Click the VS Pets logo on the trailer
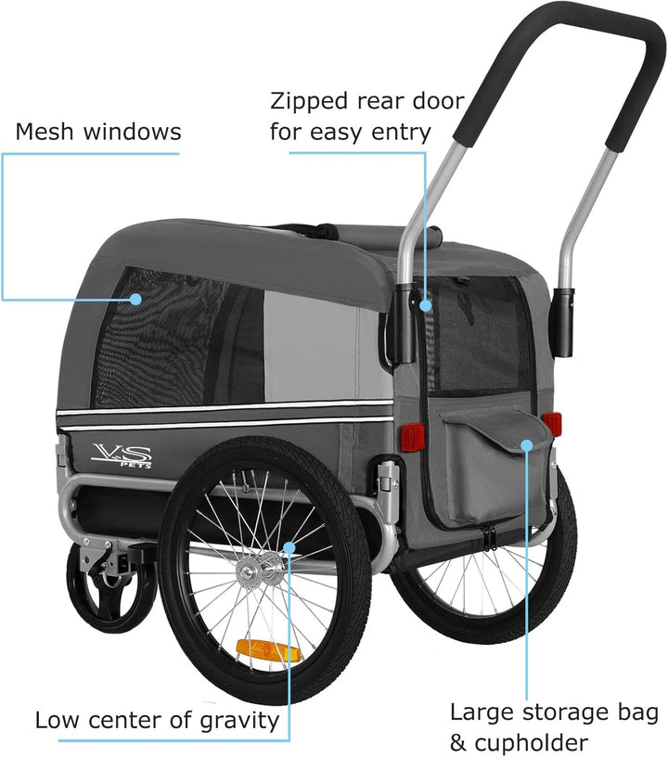122,455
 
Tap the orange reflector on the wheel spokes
267,651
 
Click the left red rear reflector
412,437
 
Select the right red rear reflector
552,423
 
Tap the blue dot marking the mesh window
136,300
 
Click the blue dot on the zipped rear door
425,305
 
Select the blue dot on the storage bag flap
527,444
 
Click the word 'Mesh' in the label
45,132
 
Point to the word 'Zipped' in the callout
309,102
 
